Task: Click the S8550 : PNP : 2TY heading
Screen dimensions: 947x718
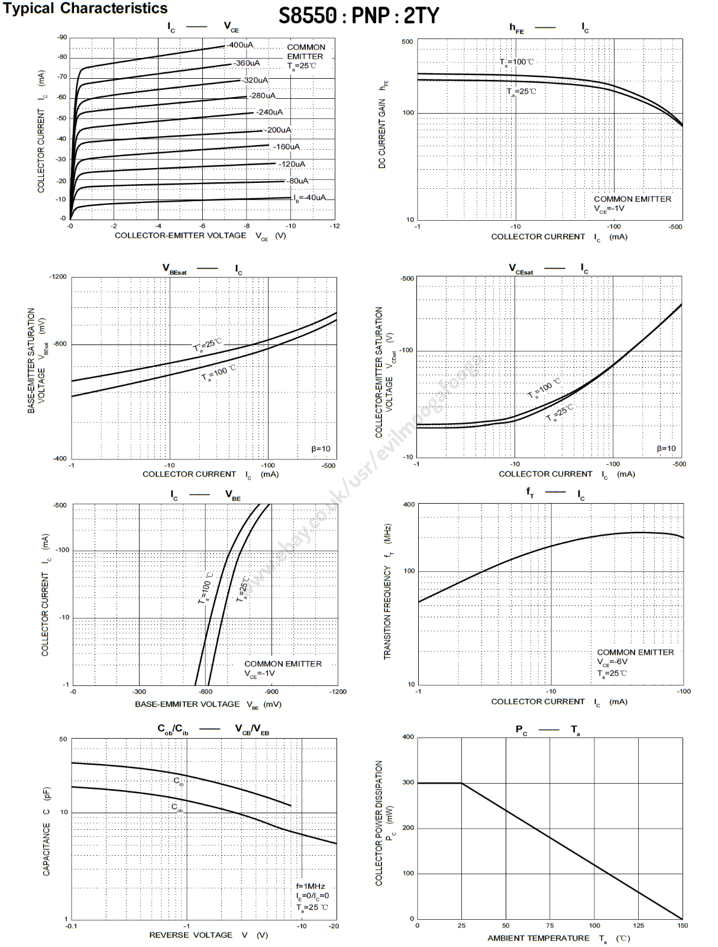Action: point(358,16)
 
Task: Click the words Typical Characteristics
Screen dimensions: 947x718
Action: point(85,8)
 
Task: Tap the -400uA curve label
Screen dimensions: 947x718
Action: point(240,45)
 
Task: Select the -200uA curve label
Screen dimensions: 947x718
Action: point(277,130)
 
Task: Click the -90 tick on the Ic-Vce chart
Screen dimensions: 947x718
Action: point(62,37)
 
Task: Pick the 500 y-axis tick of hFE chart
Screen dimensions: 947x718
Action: point(407,42)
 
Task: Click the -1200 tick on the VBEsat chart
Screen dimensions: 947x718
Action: point(58,277)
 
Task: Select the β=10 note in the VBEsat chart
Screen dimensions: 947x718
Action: point(321,449)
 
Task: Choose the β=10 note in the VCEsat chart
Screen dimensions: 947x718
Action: point(667,449)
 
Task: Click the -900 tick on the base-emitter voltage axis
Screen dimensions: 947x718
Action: point(271,691)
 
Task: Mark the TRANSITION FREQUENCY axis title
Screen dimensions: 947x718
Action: point(388,592)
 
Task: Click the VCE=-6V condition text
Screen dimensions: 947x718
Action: point(612,662)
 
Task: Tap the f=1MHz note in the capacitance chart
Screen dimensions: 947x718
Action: point(311,886)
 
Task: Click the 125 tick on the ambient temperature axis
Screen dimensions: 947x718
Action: point(638,926)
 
